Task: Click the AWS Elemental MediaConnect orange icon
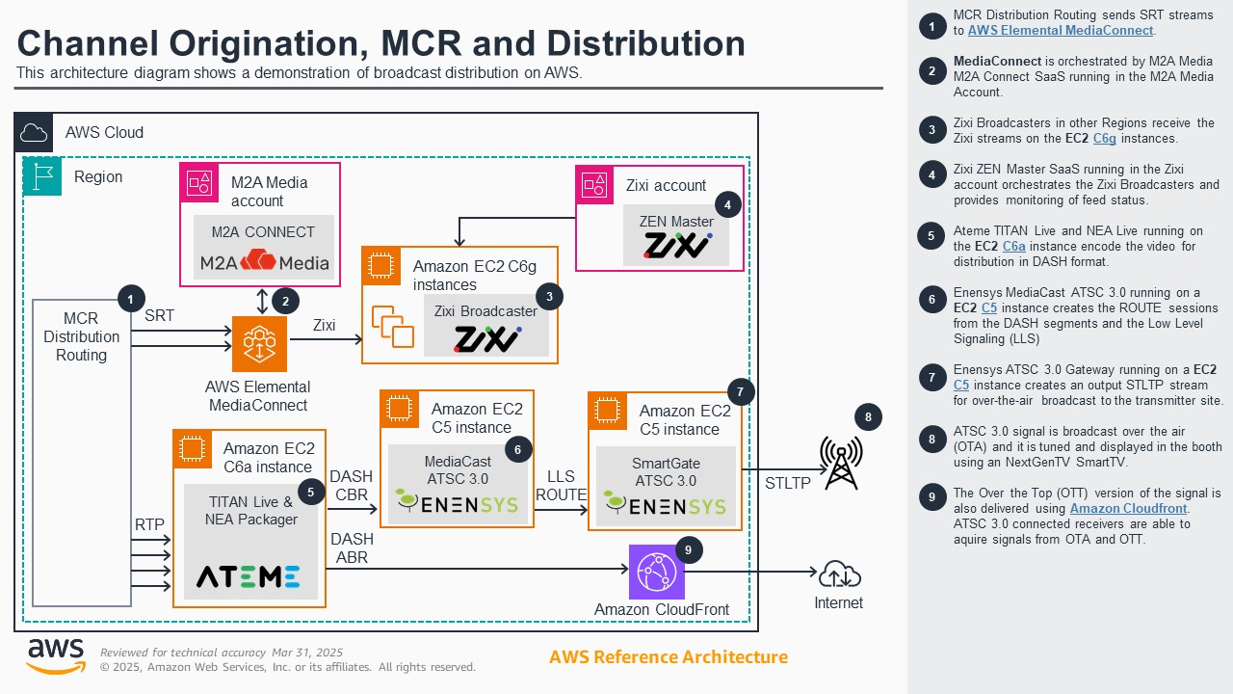coord(259,344)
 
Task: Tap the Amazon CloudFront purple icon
coord(656,572)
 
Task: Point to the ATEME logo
coord(249,576)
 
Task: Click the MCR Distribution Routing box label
coord(81,336)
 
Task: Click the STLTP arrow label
coord(787,483)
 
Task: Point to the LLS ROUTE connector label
coord(561,486)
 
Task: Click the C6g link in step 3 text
coord(1104,138)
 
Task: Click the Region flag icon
coord(41,176)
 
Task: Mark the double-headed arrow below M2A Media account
coord(262,302)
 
